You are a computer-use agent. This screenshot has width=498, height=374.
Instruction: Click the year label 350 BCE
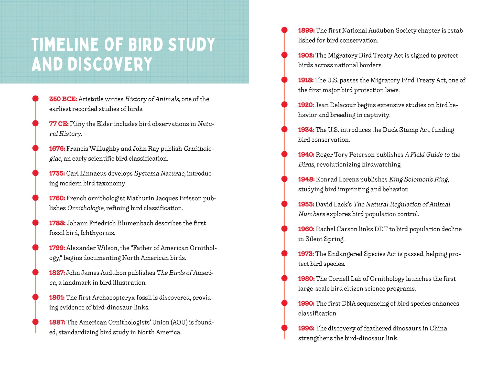[x=63, y=99]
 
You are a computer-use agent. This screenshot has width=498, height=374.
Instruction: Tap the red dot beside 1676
[x=36, y=148]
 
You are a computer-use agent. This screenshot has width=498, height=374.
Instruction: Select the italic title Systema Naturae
[x=159, y=174]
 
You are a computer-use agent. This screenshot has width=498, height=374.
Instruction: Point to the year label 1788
[x=57, y=223]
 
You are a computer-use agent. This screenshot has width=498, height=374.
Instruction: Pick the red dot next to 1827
[x=36, y=272]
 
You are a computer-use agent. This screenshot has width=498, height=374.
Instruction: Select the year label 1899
[x=306, y=30]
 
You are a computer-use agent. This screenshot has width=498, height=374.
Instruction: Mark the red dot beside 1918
[x=284, y=80]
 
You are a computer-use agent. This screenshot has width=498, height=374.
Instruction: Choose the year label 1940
[x=306, y=155]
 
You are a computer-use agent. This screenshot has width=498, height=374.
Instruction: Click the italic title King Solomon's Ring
[x=418, y=180]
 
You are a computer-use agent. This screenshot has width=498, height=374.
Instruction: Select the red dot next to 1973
[x=284, y=253]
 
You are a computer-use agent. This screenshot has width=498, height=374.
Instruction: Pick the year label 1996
[x=306, y=328]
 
